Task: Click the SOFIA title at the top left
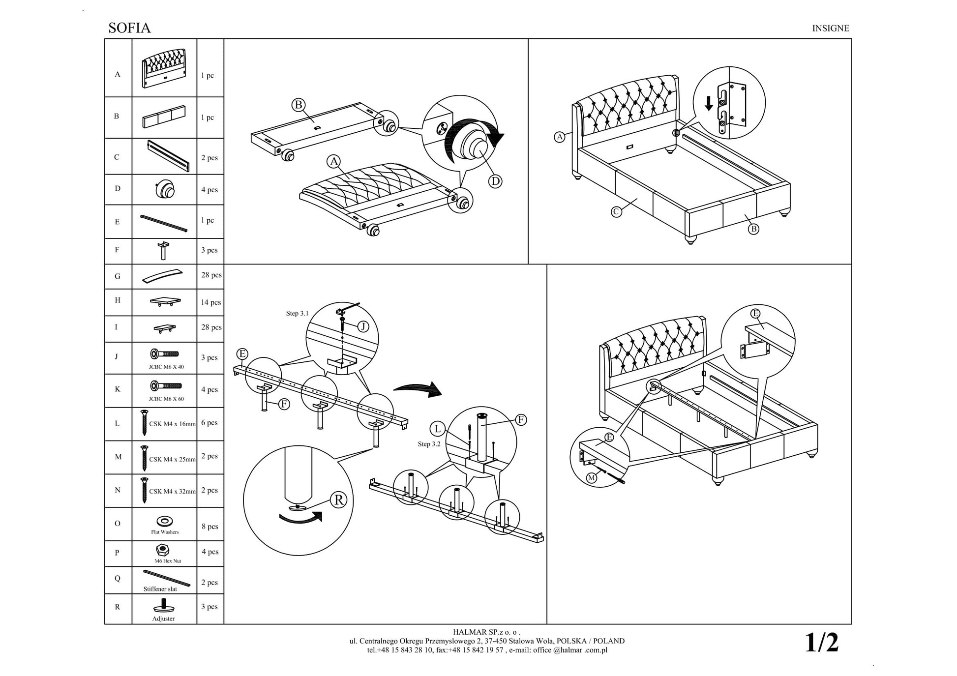[x=129, y=28]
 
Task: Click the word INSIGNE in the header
[x=830, y=29]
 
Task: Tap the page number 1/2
[x=821, y=643]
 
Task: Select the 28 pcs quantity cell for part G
[x=211, y=275]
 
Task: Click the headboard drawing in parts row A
[x=164, y=68]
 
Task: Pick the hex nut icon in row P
[x=163, y=550]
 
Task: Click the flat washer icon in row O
[x=164, y=521]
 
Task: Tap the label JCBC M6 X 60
[x=166, y=399]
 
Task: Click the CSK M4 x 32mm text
[x=172, y=491]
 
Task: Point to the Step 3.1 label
[x=297, y=313]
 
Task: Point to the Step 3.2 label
[x=429, y=444]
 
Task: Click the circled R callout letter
[x=339, y=500]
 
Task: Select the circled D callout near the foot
[x=495, y=181]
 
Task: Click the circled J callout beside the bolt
[x=363, y=326]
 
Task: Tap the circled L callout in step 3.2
[x=437, y=429]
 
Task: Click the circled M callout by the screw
[x=591, y=478]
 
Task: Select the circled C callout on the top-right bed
[x=616, y=212]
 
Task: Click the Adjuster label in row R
[x=163, y=618]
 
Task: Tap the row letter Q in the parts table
[x=117, y=579]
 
